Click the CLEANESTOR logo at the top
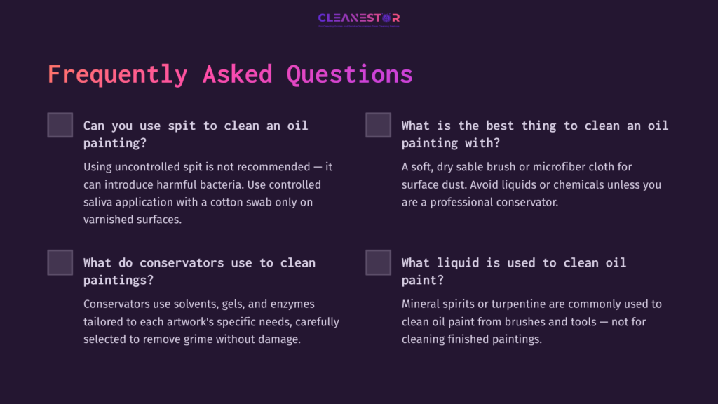click(358, 18)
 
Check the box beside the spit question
click(60, 125)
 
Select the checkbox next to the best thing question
click(379, 125)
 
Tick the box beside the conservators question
click(60, 262)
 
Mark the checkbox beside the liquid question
click(379, 262)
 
